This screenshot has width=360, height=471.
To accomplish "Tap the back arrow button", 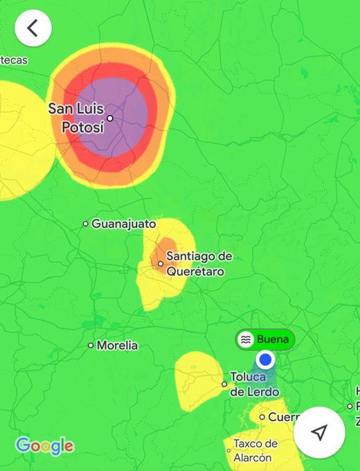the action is [33, 28].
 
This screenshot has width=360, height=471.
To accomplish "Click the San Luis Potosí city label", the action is [76, 118].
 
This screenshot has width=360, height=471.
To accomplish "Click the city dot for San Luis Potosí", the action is [110, 118].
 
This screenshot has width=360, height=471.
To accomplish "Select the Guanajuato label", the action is [123, 224].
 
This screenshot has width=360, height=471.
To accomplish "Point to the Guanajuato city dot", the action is [86, 224].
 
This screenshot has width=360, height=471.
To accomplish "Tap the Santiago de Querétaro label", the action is [199, 264].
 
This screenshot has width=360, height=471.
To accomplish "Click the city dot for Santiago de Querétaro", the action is [161, 264].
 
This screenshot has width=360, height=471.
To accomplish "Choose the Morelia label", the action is [117, 345].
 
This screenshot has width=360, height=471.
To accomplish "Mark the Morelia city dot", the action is [91, 345].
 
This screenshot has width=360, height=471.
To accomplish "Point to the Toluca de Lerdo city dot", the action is [224, 384].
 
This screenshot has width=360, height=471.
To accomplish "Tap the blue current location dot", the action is [265, 359].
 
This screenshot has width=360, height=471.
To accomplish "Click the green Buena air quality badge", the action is [265, 339].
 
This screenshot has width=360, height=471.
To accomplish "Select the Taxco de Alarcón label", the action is [255, 450].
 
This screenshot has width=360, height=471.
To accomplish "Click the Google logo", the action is [44, 446].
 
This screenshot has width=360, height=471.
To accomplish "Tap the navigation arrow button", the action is [319, 432].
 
